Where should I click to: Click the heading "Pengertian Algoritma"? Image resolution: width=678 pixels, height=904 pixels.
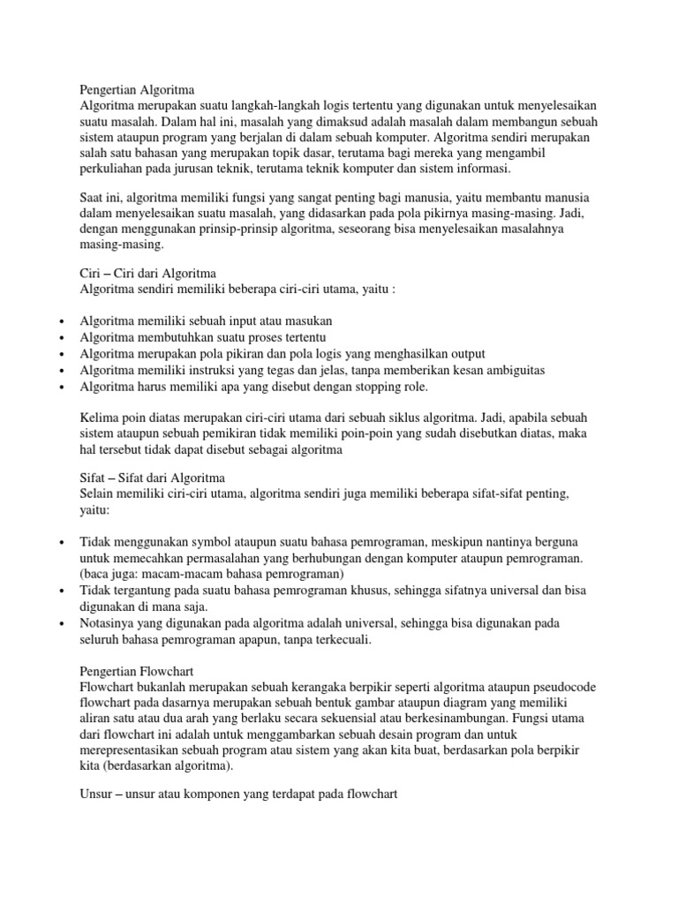click(136, 89)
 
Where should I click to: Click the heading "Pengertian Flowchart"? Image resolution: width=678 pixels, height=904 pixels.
click(137, 669)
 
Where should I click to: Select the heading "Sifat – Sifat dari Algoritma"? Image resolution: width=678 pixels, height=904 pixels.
click(153, 477)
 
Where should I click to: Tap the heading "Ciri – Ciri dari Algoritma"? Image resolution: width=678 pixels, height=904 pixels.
click(147, 273)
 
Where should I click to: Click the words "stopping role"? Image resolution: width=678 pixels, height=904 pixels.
click(391, 387)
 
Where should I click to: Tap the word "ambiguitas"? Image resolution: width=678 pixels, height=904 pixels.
click(513, 370)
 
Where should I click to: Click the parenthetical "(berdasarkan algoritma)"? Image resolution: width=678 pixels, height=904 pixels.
click(169, 767)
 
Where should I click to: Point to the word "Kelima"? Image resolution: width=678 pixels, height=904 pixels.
click(99, 417)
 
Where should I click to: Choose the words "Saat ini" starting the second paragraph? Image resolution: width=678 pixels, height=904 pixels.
click(101, 196)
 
